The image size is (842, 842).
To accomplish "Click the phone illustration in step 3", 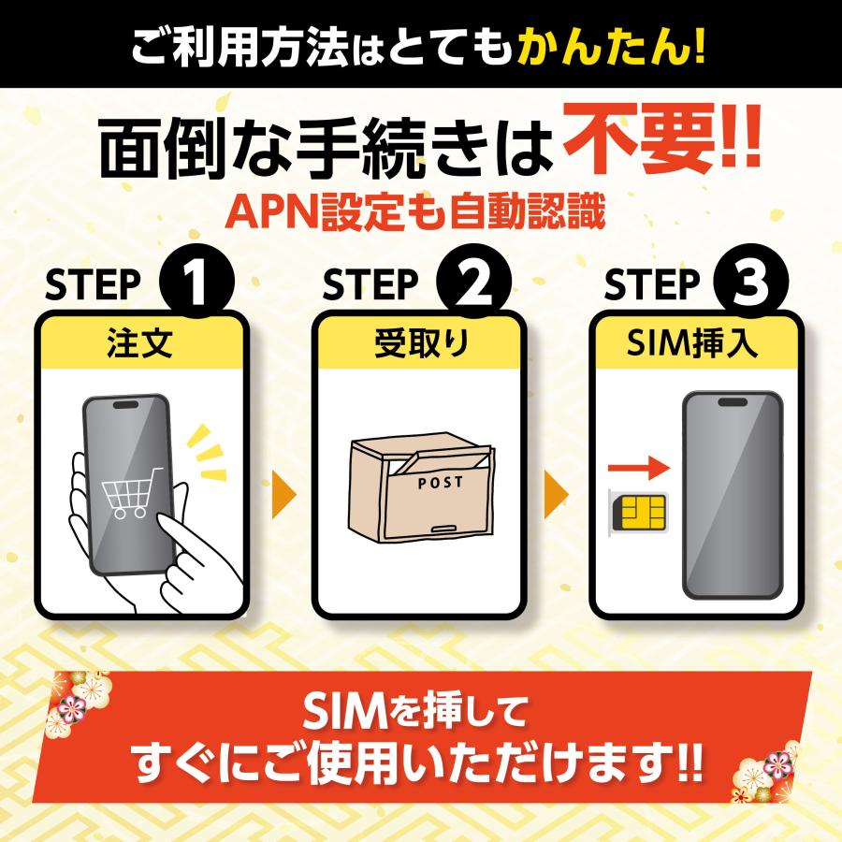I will pos(732,496).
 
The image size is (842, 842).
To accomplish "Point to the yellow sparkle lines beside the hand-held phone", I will pos(208,450).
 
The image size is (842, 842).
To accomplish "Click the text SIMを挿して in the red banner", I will pos(420,717).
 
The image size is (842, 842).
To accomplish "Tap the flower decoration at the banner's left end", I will pos(77,700).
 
